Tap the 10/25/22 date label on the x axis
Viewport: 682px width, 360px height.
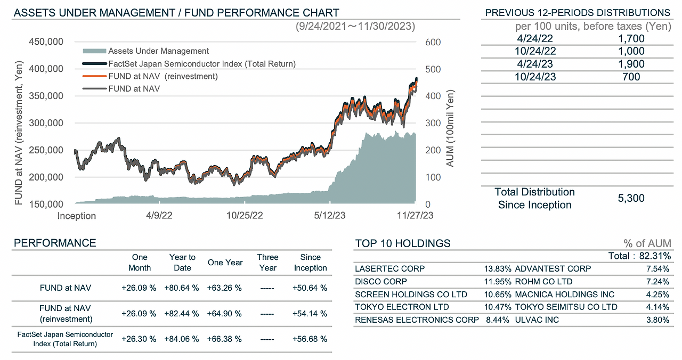[x=245, y=216]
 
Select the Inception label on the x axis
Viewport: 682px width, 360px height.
[x=77, y=216]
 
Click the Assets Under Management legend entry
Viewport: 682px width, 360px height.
[x=158, y=51]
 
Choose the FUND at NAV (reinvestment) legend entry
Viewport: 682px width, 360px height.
[x=163, y=76]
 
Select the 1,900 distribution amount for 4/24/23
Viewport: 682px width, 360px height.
[x=631, y=64]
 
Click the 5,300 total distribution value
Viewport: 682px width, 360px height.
[x=631, y=198]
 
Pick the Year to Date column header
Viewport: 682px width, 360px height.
[x=182, y=263]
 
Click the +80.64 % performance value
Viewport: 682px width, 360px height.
[x=182, y=288]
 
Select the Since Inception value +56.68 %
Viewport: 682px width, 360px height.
[x=310, y=339]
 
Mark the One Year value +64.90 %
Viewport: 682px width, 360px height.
[x=224, y=314]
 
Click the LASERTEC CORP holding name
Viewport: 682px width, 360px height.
[x=390, y=268]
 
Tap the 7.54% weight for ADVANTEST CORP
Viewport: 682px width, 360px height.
[x=659, y=268]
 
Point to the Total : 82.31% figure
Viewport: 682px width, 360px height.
[x=639, y=256]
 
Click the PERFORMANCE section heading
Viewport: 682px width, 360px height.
[x=55, y=243]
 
